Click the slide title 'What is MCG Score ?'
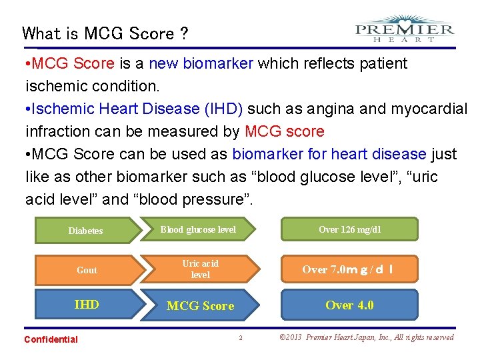coord(105,33)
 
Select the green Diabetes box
coord(86,230)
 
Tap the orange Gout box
coord(87,269)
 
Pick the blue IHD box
coord(87,305)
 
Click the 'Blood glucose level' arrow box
coord(199,229)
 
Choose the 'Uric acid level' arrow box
coord(200,269)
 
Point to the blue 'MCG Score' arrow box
coord(200,305)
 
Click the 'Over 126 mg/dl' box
coord(349,229)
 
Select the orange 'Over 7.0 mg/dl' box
coord(349,269)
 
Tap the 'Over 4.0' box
coord(349,305)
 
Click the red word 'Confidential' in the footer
coord(51,339)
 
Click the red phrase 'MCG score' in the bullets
coord(284,131)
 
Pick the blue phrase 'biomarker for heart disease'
coord(329,154)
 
